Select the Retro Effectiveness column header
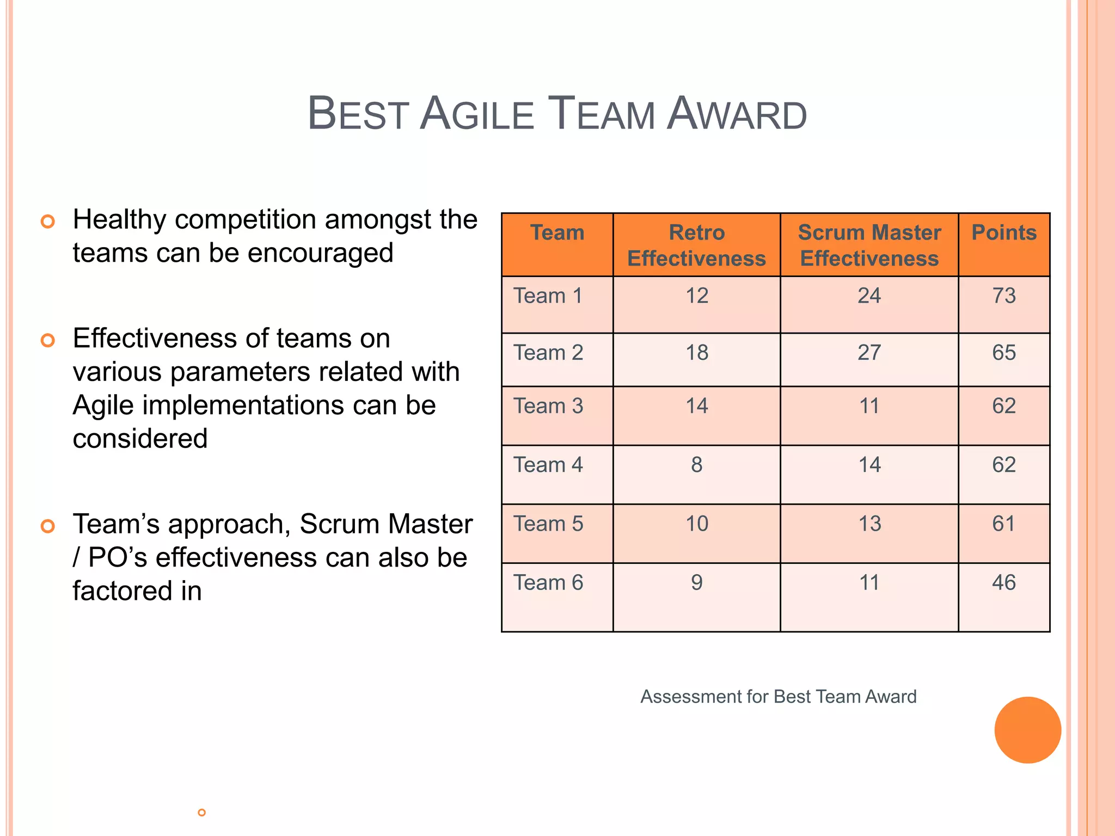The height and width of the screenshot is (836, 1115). (x=696, y=245)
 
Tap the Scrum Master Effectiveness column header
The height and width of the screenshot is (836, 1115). (x=869, y=245)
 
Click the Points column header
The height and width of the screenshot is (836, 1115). (x=1003, y=232)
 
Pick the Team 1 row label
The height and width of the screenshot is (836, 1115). (x=548, y=296)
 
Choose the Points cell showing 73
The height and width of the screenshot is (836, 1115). (x=1003, y=296)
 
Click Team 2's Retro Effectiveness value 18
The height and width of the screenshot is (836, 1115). (x=696, y=353)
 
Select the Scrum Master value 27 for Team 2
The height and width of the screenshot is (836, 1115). (x=869, y=353)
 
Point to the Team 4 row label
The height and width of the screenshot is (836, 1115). (x=548, y=465)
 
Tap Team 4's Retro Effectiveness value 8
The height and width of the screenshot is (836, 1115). (x=696, y=465)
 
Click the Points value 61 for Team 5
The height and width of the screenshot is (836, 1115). (x=1003, y=524)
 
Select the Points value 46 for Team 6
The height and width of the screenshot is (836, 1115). (x=1003, y=582)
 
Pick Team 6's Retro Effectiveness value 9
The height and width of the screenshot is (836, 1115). (x=696, y=582)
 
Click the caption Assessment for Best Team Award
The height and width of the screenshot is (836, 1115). (x=778, y=697)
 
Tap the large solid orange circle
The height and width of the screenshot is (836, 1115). (x=1027, y=730)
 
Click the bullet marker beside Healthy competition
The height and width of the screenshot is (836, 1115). (x=48, y=222)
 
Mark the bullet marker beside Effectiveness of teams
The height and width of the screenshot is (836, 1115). (x=48, y=341)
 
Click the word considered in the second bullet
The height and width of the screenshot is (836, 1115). (x=140, y=439)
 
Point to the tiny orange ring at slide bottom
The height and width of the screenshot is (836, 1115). (x=201, y=813)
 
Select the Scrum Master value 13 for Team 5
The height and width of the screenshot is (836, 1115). (x=869, y=524)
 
